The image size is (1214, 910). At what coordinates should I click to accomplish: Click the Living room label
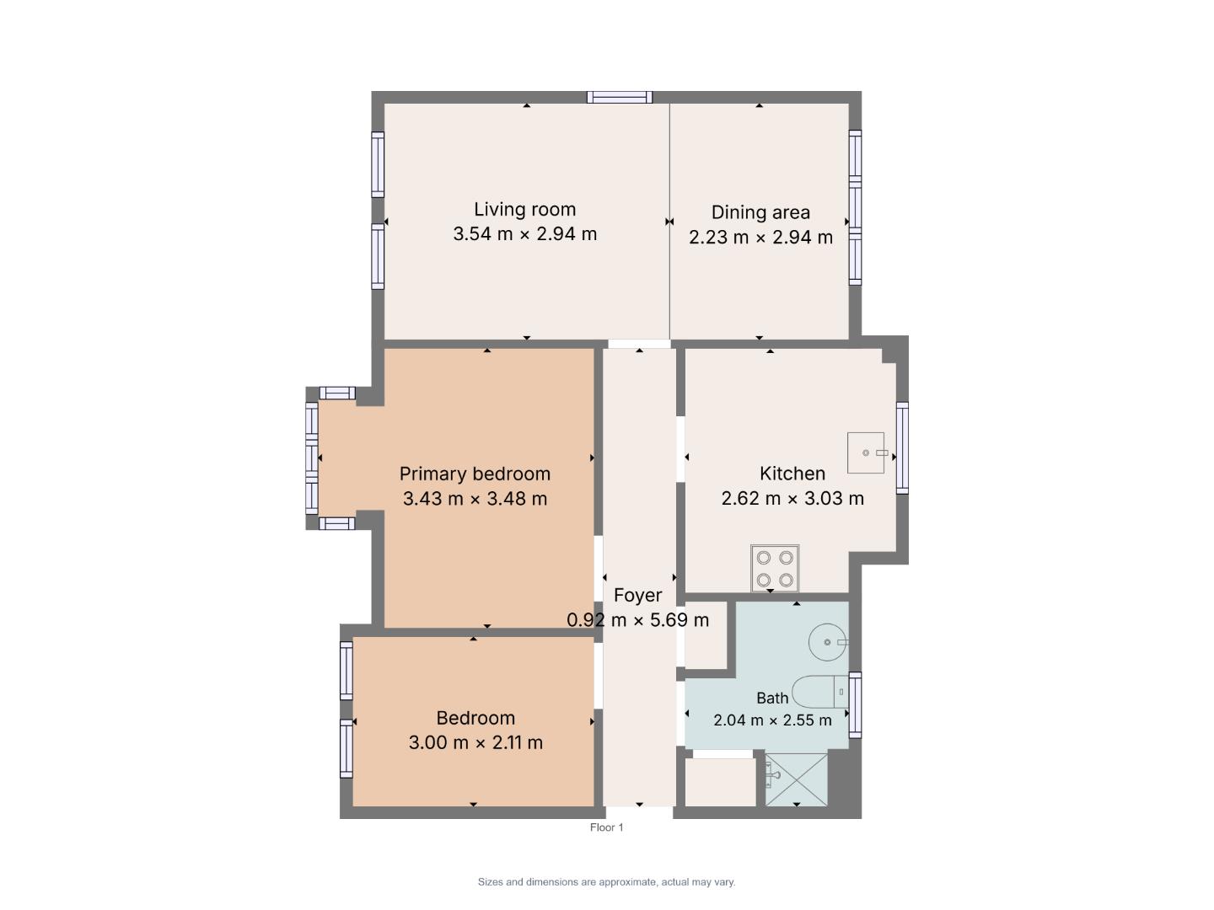(524, 210)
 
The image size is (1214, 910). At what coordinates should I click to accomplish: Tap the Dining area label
(760, 212)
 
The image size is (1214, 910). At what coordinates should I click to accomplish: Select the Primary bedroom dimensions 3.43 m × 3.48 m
(475, 498)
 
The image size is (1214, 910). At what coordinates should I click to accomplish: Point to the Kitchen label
(792, 474)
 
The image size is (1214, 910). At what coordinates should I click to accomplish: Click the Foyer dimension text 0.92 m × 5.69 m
(637, 620)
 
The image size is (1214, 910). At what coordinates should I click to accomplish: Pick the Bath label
(772, 699)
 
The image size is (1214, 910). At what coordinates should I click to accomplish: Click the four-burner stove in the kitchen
(774, 569)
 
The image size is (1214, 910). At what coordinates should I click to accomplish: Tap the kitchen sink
(866, 453)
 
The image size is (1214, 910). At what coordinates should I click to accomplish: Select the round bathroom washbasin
(828, 642)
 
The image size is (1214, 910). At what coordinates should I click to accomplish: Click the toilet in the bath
(819, 692)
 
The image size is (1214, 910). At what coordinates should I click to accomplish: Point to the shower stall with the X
(796, 779)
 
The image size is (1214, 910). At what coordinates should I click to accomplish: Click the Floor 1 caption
(606, 827)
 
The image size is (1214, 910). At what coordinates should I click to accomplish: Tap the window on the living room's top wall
(620, 97)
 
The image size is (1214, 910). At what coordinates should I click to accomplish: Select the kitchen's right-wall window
(902, 448)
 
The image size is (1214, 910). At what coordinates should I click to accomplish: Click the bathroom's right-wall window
(855, 705)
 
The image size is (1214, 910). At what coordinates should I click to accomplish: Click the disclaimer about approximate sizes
(606, 882)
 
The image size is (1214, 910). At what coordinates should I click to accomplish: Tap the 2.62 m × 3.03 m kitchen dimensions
(792, 498)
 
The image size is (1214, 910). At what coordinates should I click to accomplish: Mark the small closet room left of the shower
(720, 782)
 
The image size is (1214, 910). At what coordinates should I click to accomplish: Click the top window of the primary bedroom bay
(337, 393)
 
